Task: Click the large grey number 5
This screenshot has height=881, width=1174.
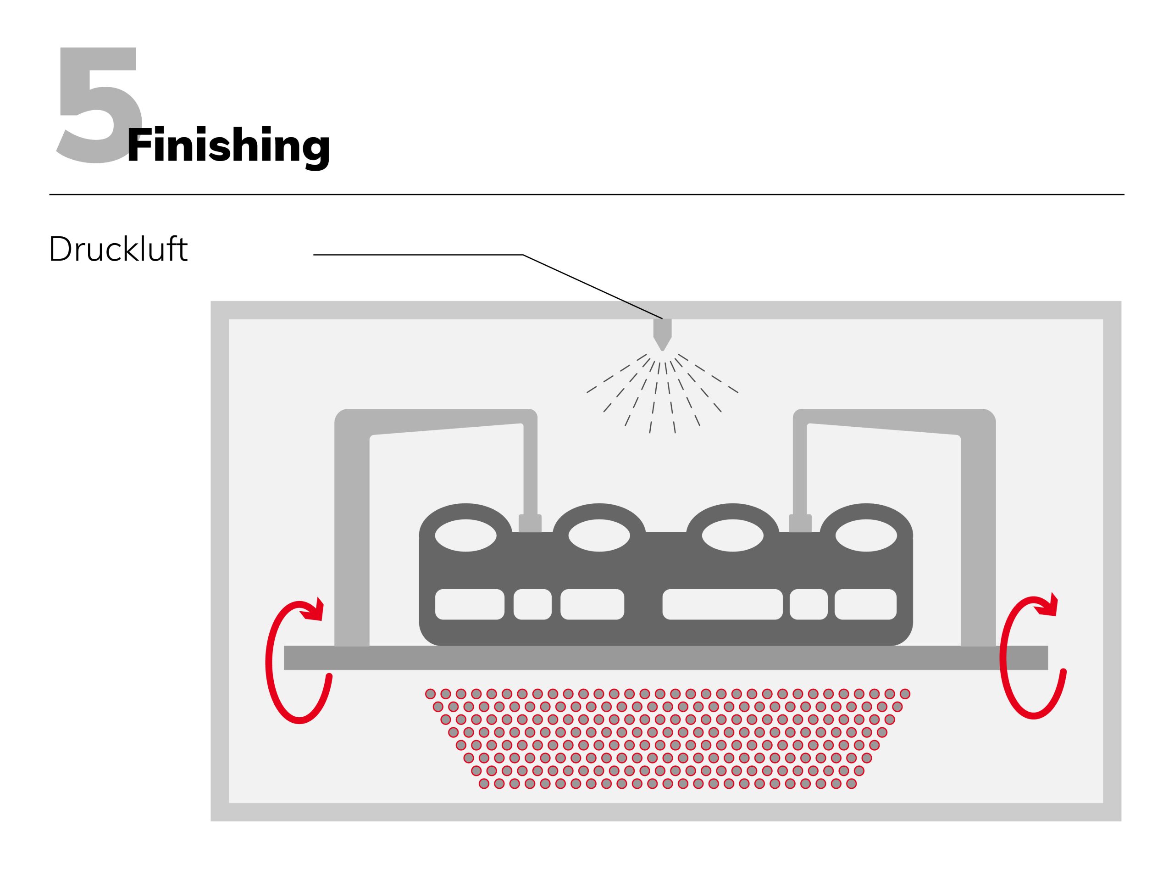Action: coord(98,106)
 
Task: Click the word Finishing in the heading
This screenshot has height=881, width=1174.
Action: coord(228,146)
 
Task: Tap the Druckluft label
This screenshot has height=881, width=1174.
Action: coord(118,249)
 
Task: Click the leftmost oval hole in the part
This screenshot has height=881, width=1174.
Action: coord(465,535)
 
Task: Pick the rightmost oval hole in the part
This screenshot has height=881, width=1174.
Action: coord(866,535)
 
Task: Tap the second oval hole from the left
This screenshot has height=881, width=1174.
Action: coord(599,535)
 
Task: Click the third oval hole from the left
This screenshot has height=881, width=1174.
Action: coord(732,535)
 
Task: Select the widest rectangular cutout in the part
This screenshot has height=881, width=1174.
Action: coord(722,604)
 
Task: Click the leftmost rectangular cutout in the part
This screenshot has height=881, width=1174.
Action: coord(469,604)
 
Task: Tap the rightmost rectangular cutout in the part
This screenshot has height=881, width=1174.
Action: coord(866,604)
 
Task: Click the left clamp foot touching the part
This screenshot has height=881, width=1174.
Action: coord(530,523)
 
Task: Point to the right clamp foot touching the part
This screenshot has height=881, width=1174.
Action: coord(800,523)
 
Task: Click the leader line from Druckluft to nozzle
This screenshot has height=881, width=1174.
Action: coord(419,255)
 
